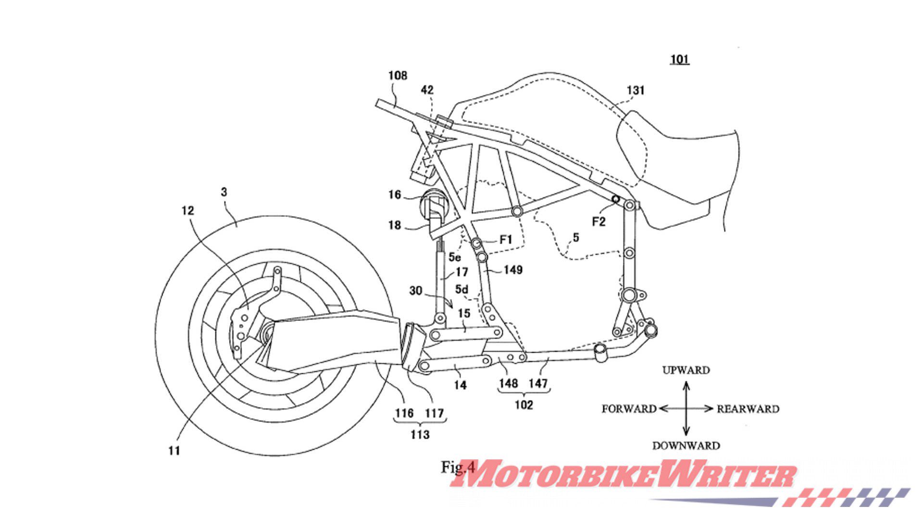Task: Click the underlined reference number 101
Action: click(x=680, y=60)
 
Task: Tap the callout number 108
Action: click(x=398, y=75)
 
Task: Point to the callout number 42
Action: click(x=427, y=90)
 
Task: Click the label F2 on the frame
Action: click(x=599, y=222)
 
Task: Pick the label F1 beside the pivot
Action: click(x=506, y=239)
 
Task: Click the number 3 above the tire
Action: click(x=224, y=192)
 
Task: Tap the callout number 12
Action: click(x=187, y=210)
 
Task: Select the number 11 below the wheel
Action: click(x=174, y=450)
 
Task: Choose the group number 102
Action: click(x=524, y=405)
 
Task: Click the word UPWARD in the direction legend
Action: click(x=686, y=371)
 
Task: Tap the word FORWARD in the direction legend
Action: click(x=629, y=409)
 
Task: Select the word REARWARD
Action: click(x=748, y=409)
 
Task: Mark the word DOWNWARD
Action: click(x=686, y=445)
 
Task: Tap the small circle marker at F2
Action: click(x=615, y=198)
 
